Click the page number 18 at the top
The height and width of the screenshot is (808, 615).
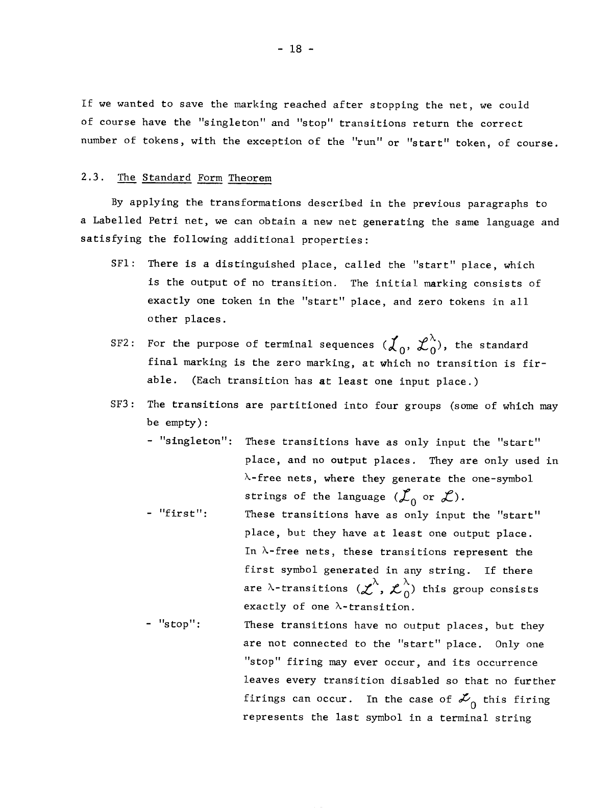pos(296,49)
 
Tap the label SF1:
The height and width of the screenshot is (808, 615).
pos(122,264)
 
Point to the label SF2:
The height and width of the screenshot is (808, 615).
pos(122,344)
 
